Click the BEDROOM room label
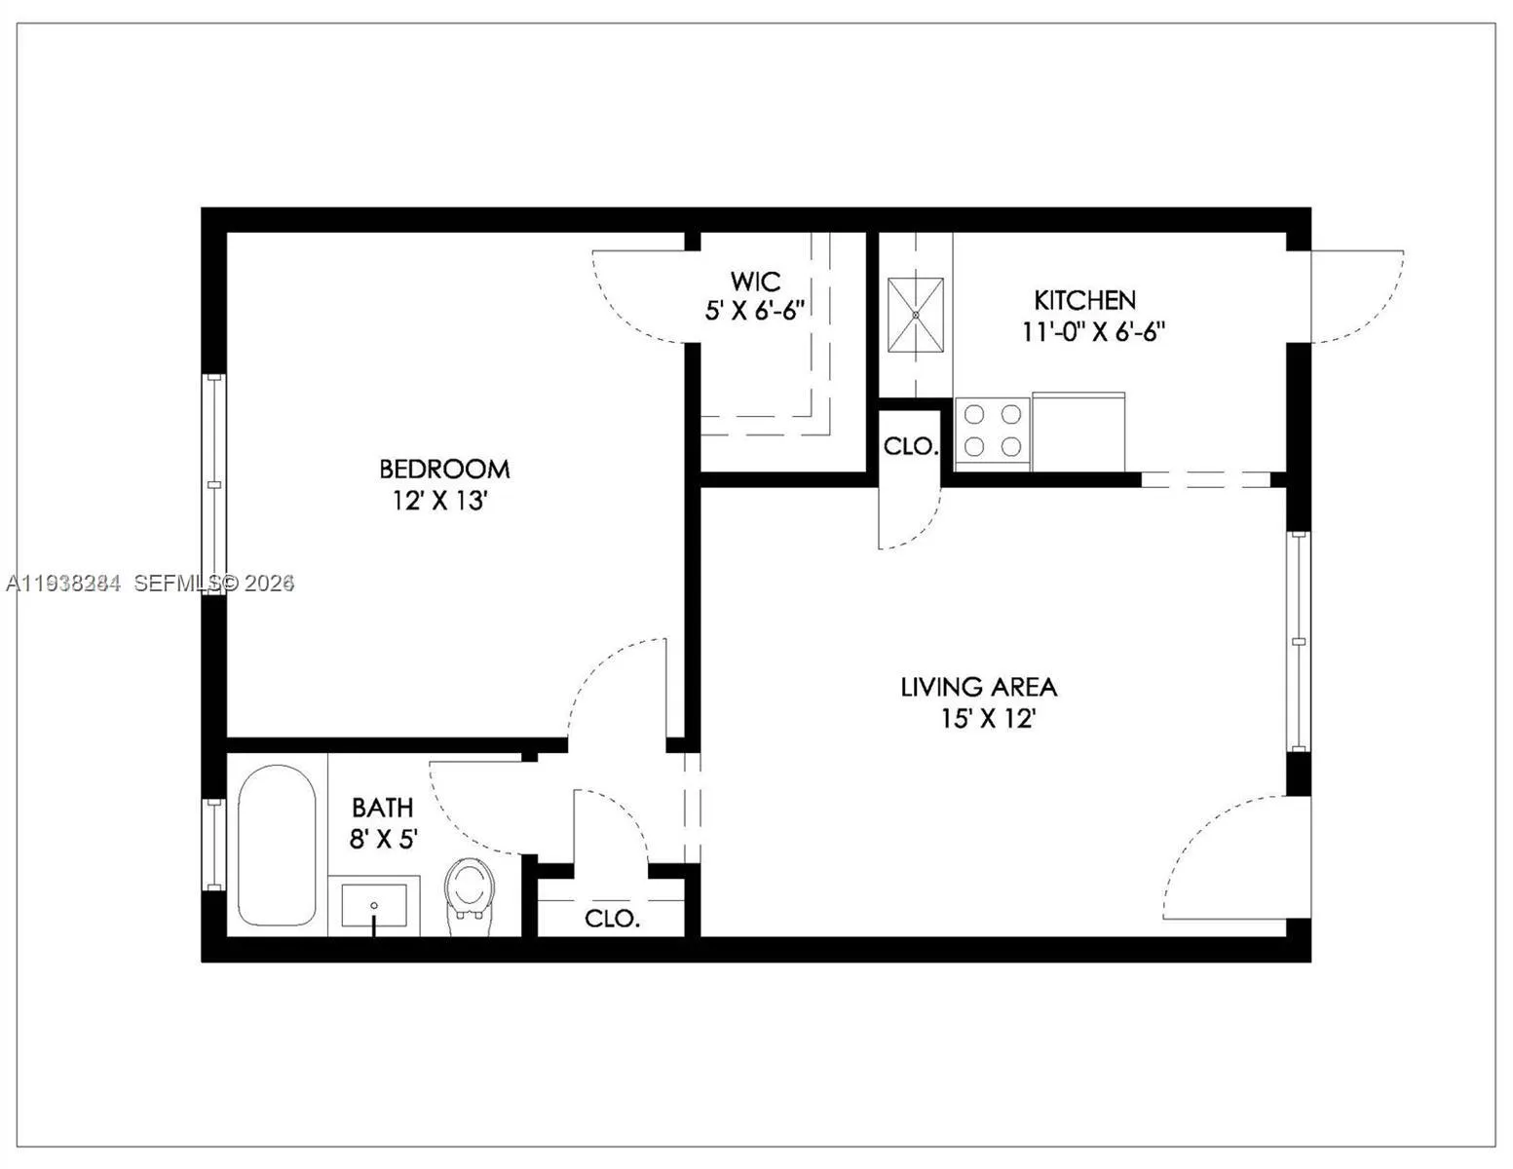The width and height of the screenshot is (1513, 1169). point(444,469)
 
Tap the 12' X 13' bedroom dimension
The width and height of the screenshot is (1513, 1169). point(439,502)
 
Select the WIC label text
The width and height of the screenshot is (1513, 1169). point(755,283)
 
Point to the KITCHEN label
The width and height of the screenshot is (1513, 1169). point(1084,300)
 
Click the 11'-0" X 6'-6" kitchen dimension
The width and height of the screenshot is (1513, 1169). point(1093,332)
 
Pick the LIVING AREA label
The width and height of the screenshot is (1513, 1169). point(978,687)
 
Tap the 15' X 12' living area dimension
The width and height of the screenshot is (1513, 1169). point(987,720)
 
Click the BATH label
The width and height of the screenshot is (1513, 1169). point(382,808)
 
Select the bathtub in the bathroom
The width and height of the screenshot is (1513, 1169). point(277,846)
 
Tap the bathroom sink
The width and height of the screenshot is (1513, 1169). point(374,906)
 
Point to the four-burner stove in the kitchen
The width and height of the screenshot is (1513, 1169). point(992,431)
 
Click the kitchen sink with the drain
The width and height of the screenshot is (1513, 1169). point(916,317)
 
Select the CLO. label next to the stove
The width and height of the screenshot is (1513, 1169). point(910,447)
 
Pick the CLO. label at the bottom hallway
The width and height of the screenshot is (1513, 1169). point(612,918)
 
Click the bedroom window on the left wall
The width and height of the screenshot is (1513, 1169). point(214,484)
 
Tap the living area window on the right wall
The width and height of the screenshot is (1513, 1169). point(1298,641)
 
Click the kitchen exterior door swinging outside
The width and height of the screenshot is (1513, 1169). point(1356,296)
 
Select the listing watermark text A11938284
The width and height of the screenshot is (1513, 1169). point(64,584)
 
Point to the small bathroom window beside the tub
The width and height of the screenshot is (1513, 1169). point(213,844)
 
